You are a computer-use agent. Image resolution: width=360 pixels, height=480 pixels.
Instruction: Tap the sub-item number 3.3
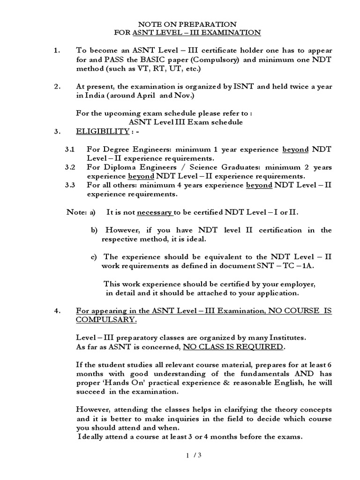pos(70,185)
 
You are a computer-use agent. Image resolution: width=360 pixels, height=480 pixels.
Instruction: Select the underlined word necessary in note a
pos(154,212)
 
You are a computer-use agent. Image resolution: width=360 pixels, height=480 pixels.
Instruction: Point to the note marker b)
pos(94,230)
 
